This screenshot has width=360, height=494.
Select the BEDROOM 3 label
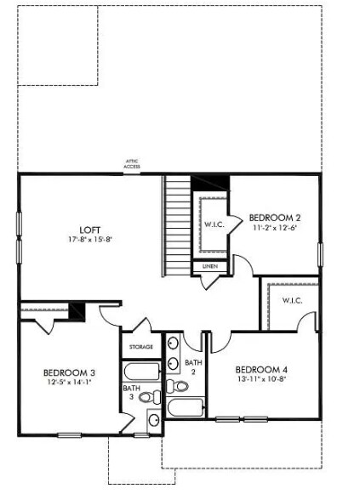click(x=70, y=372)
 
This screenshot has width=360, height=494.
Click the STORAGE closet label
click(x=141, y=347)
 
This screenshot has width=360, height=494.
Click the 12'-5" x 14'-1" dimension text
click(x=70, y=383)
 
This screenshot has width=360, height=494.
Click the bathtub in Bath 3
click(x=141, y=372)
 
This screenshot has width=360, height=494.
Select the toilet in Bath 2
click(x=179, y=386)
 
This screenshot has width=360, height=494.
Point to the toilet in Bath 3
click(x=147, y=397)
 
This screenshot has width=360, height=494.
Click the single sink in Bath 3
click(x=153, y=418)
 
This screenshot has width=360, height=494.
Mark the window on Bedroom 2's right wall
click(x=321, y=253)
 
